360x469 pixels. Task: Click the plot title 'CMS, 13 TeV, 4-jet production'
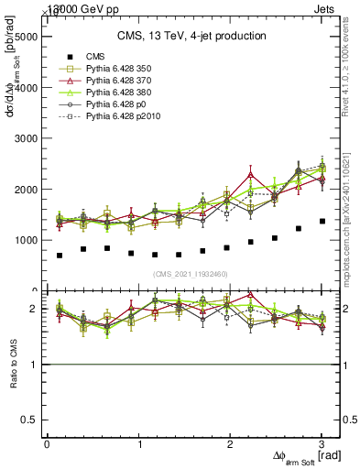(191, 36)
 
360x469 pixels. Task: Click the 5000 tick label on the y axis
(26, 38)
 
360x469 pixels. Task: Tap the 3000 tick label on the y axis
(26, 139)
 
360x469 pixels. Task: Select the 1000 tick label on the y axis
(26, 241)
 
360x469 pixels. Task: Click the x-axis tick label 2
(231, 443)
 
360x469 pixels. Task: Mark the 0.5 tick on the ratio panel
(29, 420)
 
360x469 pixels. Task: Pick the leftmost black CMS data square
(60, 256)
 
